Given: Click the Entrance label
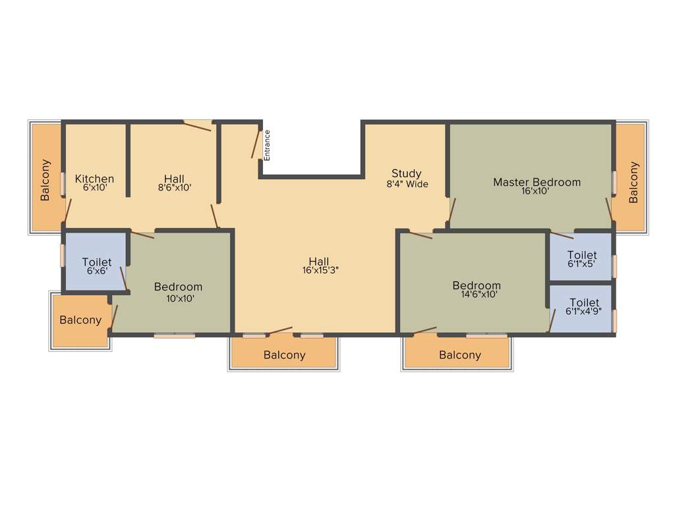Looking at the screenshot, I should pos(268,145).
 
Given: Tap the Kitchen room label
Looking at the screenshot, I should pos(94,179).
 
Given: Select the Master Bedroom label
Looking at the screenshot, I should pos(537,182).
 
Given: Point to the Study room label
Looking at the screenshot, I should pos(407,174).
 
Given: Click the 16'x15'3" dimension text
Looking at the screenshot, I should pos(320,270).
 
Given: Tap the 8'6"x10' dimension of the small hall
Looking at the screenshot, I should pos(175,187).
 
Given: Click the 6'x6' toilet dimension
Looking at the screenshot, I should pos(97,271).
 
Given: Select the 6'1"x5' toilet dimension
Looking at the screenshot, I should pos(582,264).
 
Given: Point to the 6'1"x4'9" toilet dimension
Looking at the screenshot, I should pos(583,311).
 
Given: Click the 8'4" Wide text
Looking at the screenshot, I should pos(407,184).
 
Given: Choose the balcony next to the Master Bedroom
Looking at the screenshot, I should pos(633,182).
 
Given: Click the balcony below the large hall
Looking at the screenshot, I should pos(285,355).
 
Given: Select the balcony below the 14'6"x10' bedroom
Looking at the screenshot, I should pos(460,355).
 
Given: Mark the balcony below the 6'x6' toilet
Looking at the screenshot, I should pos(80,320).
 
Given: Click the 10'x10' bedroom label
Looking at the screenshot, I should pos(178,287).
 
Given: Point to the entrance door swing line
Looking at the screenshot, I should pos(256,144).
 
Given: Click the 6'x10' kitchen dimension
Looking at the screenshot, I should pos(94,187).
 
